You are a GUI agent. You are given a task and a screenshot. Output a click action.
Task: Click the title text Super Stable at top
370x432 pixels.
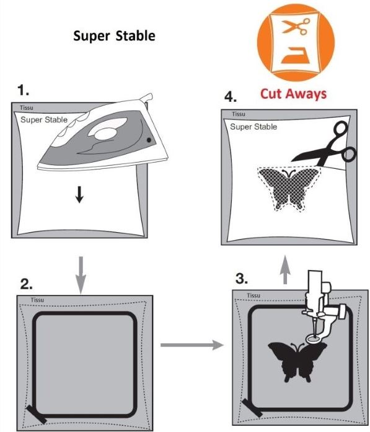(x=114, y=35)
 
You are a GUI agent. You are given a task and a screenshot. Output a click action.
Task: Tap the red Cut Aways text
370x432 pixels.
(x=293, y=94)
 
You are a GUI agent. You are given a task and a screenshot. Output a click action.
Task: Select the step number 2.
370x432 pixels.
(x=27, y=284)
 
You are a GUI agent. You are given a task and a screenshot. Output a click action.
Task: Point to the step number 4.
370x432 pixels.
(x=231, y=97)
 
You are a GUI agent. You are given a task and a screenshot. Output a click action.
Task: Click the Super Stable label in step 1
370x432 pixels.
(x=43, y=120)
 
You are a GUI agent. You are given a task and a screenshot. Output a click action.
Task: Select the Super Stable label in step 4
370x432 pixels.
(x=253, y=127)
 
